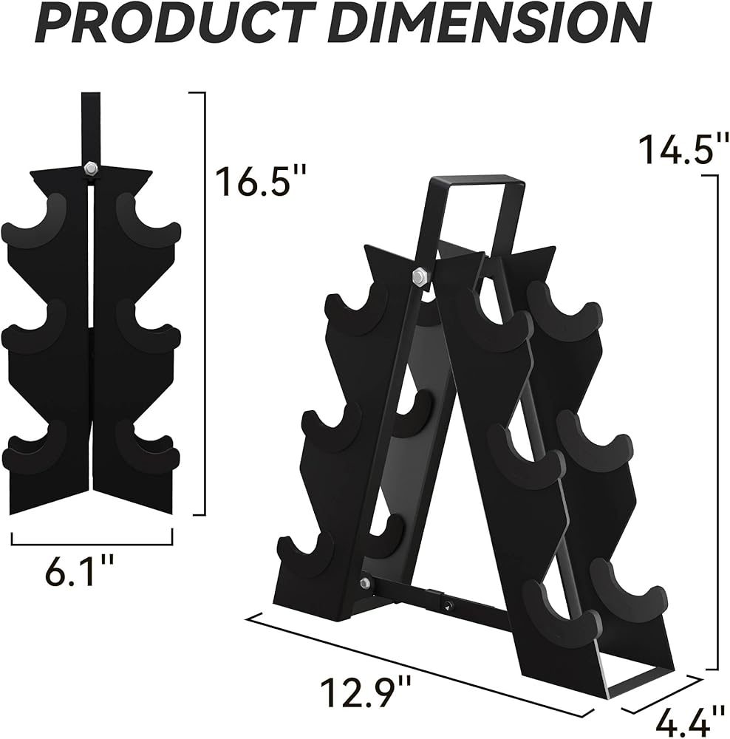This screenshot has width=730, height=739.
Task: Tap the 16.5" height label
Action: coord(261,181)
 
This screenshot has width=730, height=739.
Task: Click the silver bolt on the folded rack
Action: coord(89,167)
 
